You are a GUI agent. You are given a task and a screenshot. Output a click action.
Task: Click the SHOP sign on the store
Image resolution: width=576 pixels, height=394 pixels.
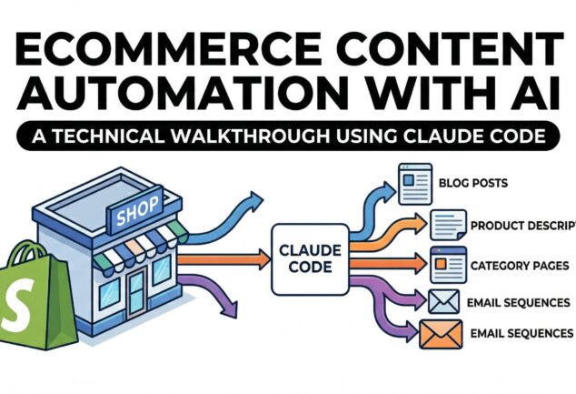click(134, 216)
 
